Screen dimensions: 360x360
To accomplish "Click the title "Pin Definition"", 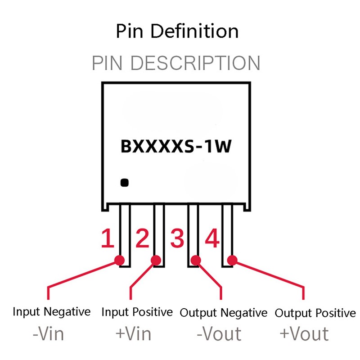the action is (177, 31).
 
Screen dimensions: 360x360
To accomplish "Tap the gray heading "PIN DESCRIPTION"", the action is (176, 63).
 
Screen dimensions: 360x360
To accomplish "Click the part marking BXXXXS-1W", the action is (176, 146).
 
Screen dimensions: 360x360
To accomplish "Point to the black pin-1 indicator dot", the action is (125, 183).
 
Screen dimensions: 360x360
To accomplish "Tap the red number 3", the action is (177, 238).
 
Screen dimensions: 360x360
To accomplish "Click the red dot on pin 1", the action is (119, 261).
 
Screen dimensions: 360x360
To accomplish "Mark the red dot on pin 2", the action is (156, 261).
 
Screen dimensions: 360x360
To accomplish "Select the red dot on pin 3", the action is (196, 261).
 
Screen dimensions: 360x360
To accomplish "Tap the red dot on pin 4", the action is (232, 261).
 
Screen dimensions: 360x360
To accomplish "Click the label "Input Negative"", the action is (52, 312).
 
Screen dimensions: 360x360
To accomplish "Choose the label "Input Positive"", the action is (137, 312).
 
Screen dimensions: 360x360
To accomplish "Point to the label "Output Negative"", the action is (223, 313).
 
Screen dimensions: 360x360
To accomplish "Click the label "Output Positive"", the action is (315, 313).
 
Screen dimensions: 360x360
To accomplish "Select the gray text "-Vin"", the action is (48, 333).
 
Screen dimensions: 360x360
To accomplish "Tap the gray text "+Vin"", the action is (133, 333).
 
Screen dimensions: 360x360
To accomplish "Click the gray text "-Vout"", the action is (219, 333).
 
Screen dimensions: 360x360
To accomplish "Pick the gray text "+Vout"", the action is (304, 333).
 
